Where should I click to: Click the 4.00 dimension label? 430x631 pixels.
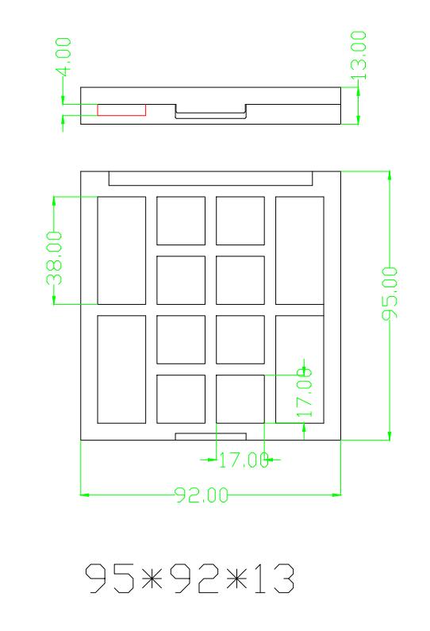(63, 56)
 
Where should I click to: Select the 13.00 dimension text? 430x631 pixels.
(359, 56)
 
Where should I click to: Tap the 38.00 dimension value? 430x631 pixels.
(55, 258)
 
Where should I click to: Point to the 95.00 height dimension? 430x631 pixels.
(390, 294)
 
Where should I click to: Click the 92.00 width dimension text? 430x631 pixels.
(202, 495)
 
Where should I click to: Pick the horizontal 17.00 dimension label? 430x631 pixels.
(244, 460)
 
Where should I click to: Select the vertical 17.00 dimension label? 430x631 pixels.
(305, 392)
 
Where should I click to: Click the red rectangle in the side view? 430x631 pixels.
(121, 110)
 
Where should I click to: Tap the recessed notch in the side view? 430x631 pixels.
(210, 112)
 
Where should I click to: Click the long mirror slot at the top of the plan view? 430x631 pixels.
(210, 179)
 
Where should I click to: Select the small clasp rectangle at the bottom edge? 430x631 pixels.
(210, 437)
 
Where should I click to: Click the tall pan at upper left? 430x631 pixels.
(121, 250)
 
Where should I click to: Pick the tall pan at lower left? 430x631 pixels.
(121, 369)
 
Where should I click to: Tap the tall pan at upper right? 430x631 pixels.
(300, 250)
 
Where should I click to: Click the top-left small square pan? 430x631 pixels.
(181, 221)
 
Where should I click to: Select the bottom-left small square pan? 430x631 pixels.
(181, 399)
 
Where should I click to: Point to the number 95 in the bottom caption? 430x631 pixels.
(109, 579)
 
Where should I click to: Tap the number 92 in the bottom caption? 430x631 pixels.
(194, 579)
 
